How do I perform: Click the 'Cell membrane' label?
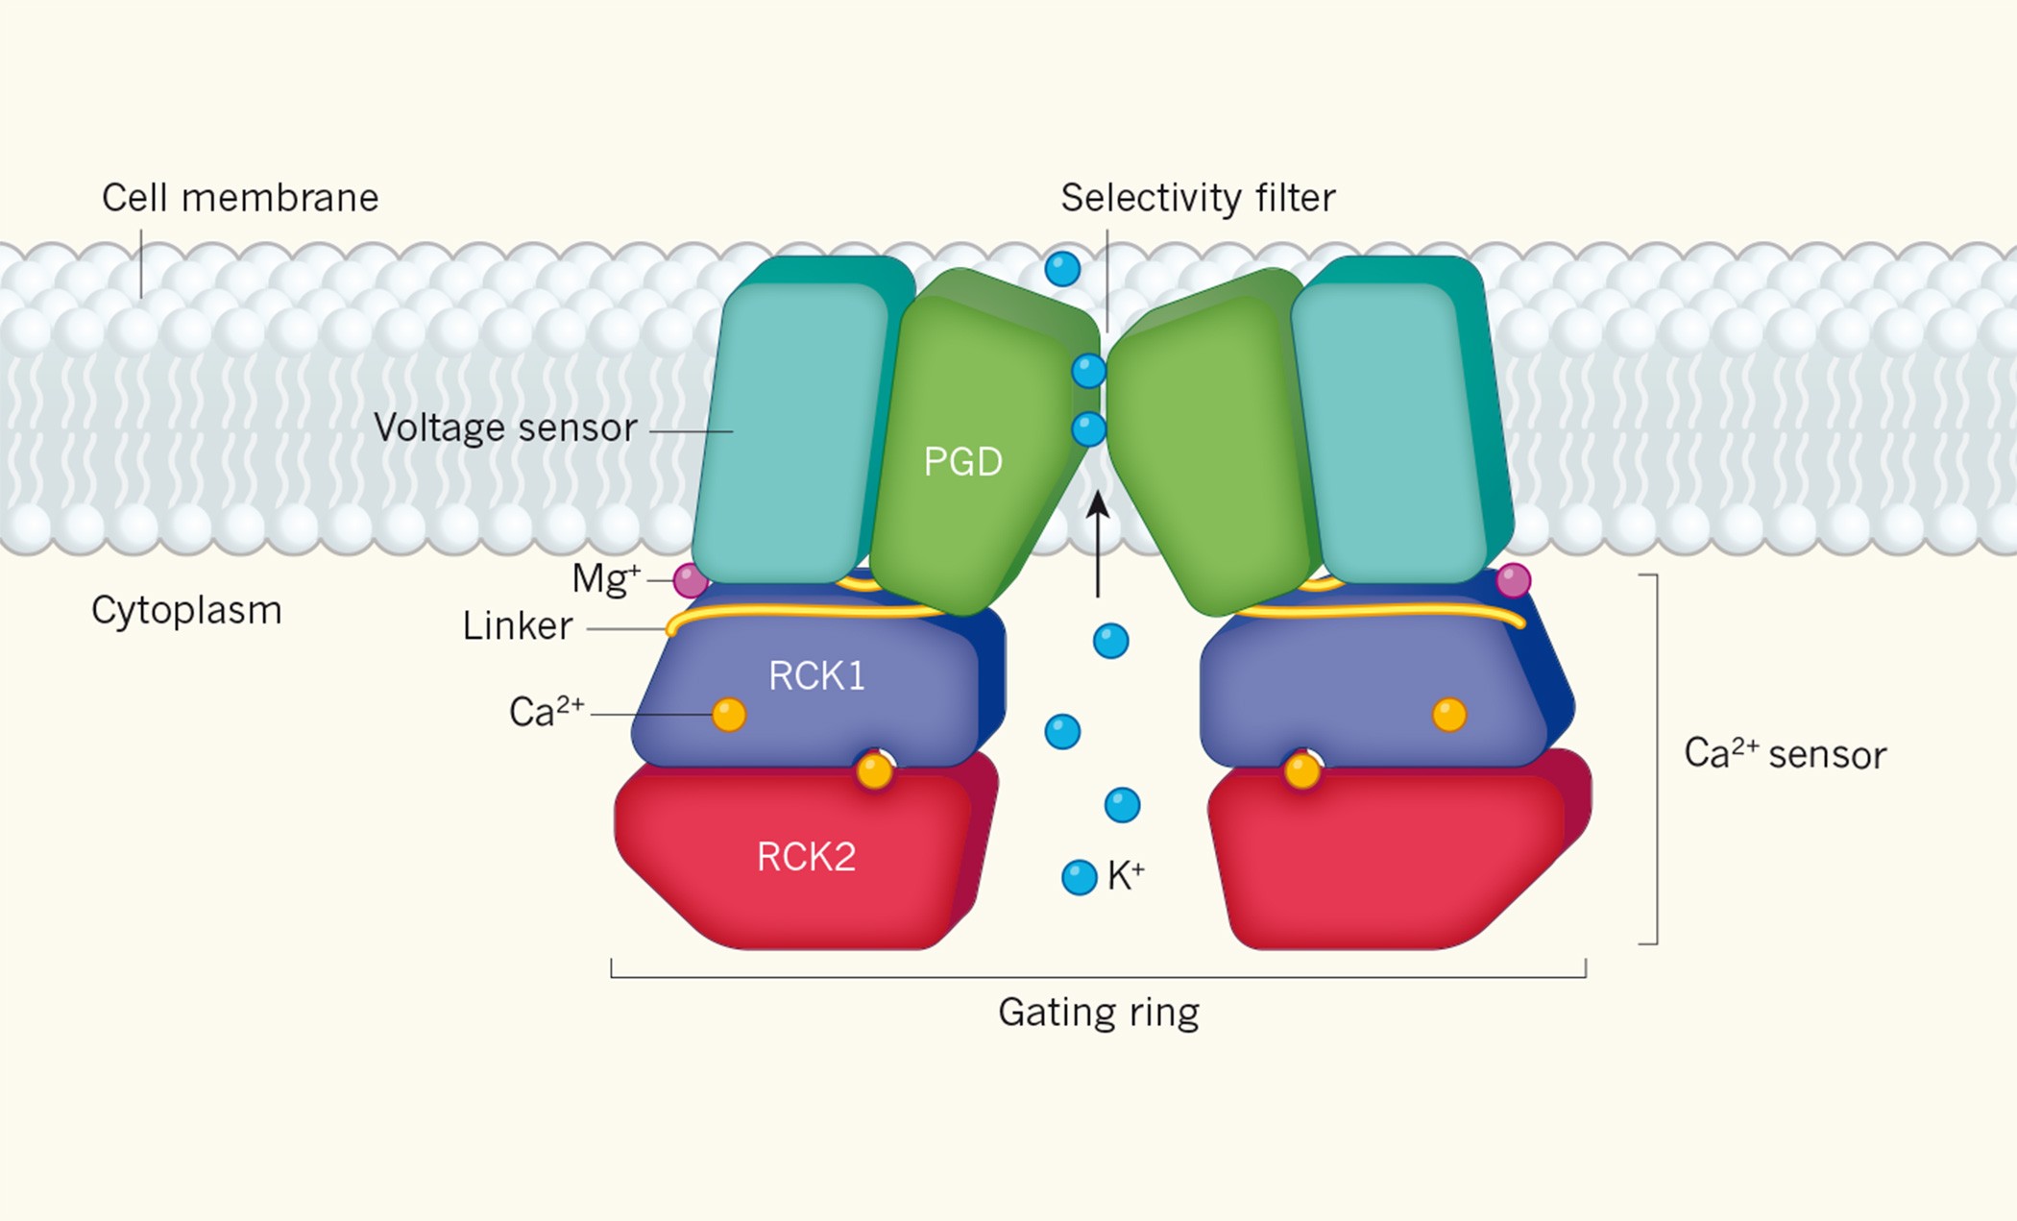pos(240,198)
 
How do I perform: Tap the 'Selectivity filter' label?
pos(1198,198)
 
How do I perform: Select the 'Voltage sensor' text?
pos(505,427)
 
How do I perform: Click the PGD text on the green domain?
pos(962,462)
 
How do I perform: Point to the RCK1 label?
pos(816,676)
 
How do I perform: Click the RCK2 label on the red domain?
pos(806,857)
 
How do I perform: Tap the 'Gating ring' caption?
pos(1099,1013)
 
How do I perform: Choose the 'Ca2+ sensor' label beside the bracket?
pos(1785,754)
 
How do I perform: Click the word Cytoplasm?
pos(186,610)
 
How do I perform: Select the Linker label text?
pos(518,626)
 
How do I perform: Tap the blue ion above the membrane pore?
pos(1062,269)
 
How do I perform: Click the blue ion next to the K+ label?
pos(1079,877)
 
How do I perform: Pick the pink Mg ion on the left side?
pos(690,581)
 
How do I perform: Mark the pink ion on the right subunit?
pos(1513,580)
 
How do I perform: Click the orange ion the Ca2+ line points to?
pos(729,715)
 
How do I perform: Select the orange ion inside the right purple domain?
pos(1448,715)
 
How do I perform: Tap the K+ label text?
pos(1126,875)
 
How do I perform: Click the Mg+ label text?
pos(605,578)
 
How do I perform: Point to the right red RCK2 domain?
pos(1393,855)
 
